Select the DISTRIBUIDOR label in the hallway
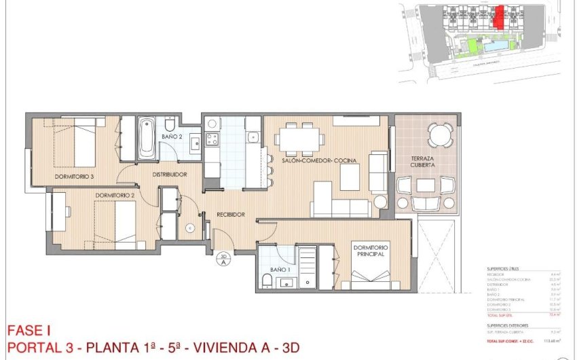click(169, 174)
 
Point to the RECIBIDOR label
click(230, 215)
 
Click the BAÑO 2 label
click(172, 137)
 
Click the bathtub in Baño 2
click(147, 139)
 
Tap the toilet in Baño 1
click(267, 281)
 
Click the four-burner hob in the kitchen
click(211, 140)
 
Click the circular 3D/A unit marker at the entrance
click(223, 261)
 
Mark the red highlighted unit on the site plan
click(499, 17)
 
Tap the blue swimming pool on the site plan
click(497, 46)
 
